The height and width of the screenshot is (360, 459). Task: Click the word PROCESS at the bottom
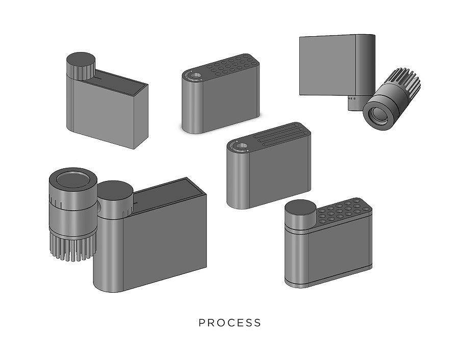click(x=230, y=323)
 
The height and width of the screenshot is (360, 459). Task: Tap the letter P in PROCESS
click(x=201, y=323)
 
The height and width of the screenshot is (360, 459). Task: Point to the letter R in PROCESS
click(x=211, y=323)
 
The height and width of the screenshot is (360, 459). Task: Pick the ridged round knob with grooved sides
click(x=81, y=66)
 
